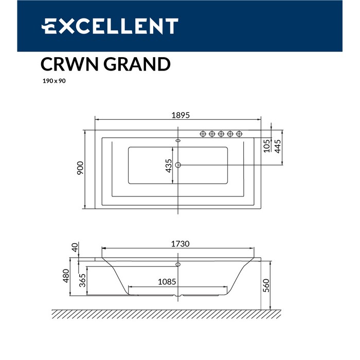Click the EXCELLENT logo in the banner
pyautogui.click(x=110, y=26)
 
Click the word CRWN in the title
pyautogui.click(x=68, y=65)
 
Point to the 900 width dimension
pyautogui.click(x=80, y=169)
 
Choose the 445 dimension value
pyautogui.click(x=277, y=147)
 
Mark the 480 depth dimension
pyautogui.click(x=66, y=277)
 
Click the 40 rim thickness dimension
pyautogui.click(x=75, y=247)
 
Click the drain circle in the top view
pyautogui.click(x=178, y=165)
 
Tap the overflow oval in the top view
pyautogui.click(x=178, y=139)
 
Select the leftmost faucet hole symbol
pyautogui.click(x=203, y=134)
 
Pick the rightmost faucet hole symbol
pyautogui.click(x=239, y=134)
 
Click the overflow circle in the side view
pyautogui.click(x=178, y=265)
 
